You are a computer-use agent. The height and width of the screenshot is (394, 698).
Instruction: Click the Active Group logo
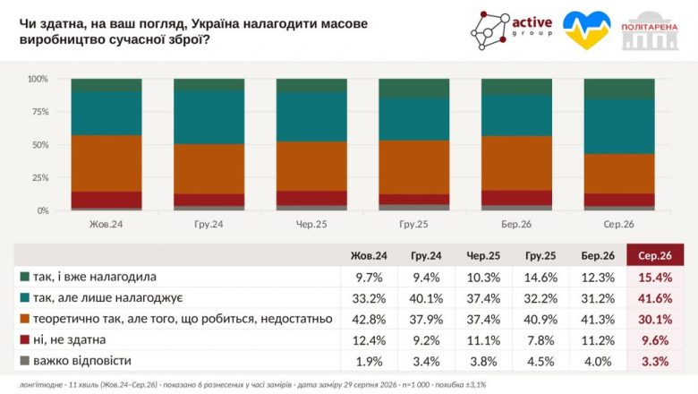(x=512, y=30)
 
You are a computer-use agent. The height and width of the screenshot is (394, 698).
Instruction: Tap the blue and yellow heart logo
(x=586, y=30)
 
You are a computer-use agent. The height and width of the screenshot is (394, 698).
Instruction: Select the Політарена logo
(x=650, y=30)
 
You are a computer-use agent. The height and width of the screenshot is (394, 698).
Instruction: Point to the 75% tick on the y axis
(x=38, y=112)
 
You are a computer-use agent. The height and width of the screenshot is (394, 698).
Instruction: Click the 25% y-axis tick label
(x=38, y=177)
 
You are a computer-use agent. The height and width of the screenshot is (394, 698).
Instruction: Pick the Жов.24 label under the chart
(x=106, y=224)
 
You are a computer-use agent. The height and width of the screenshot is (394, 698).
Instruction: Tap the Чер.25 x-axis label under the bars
(x=311, y=224)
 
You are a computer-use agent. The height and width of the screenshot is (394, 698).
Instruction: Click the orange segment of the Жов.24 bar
(x=106, y=163)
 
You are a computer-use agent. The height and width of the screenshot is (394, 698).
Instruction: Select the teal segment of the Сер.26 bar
(x=619, y=126)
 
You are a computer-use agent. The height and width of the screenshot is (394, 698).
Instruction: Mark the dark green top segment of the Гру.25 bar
(x=414, y=88)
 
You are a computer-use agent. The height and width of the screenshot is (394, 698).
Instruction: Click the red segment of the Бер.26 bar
(x=517, y=198)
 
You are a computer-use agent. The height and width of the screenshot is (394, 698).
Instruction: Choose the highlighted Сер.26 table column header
(x=655, y=255)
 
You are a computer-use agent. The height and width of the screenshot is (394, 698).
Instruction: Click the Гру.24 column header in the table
(x=426, y=255)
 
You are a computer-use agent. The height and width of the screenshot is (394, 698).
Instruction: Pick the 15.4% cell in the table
(x=655, y=278)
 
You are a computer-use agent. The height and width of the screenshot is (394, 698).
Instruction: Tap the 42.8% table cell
(x=369, y=319)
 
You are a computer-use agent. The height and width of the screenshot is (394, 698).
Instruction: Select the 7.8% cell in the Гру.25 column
(x=541, y=340)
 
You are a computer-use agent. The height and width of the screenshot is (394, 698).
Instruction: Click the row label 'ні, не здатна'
(x=70, y=340)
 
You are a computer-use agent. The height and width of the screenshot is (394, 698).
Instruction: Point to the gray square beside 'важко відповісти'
(x=25, y=361)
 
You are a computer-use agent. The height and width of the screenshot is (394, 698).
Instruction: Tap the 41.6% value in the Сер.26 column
(x=655, y=298)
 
